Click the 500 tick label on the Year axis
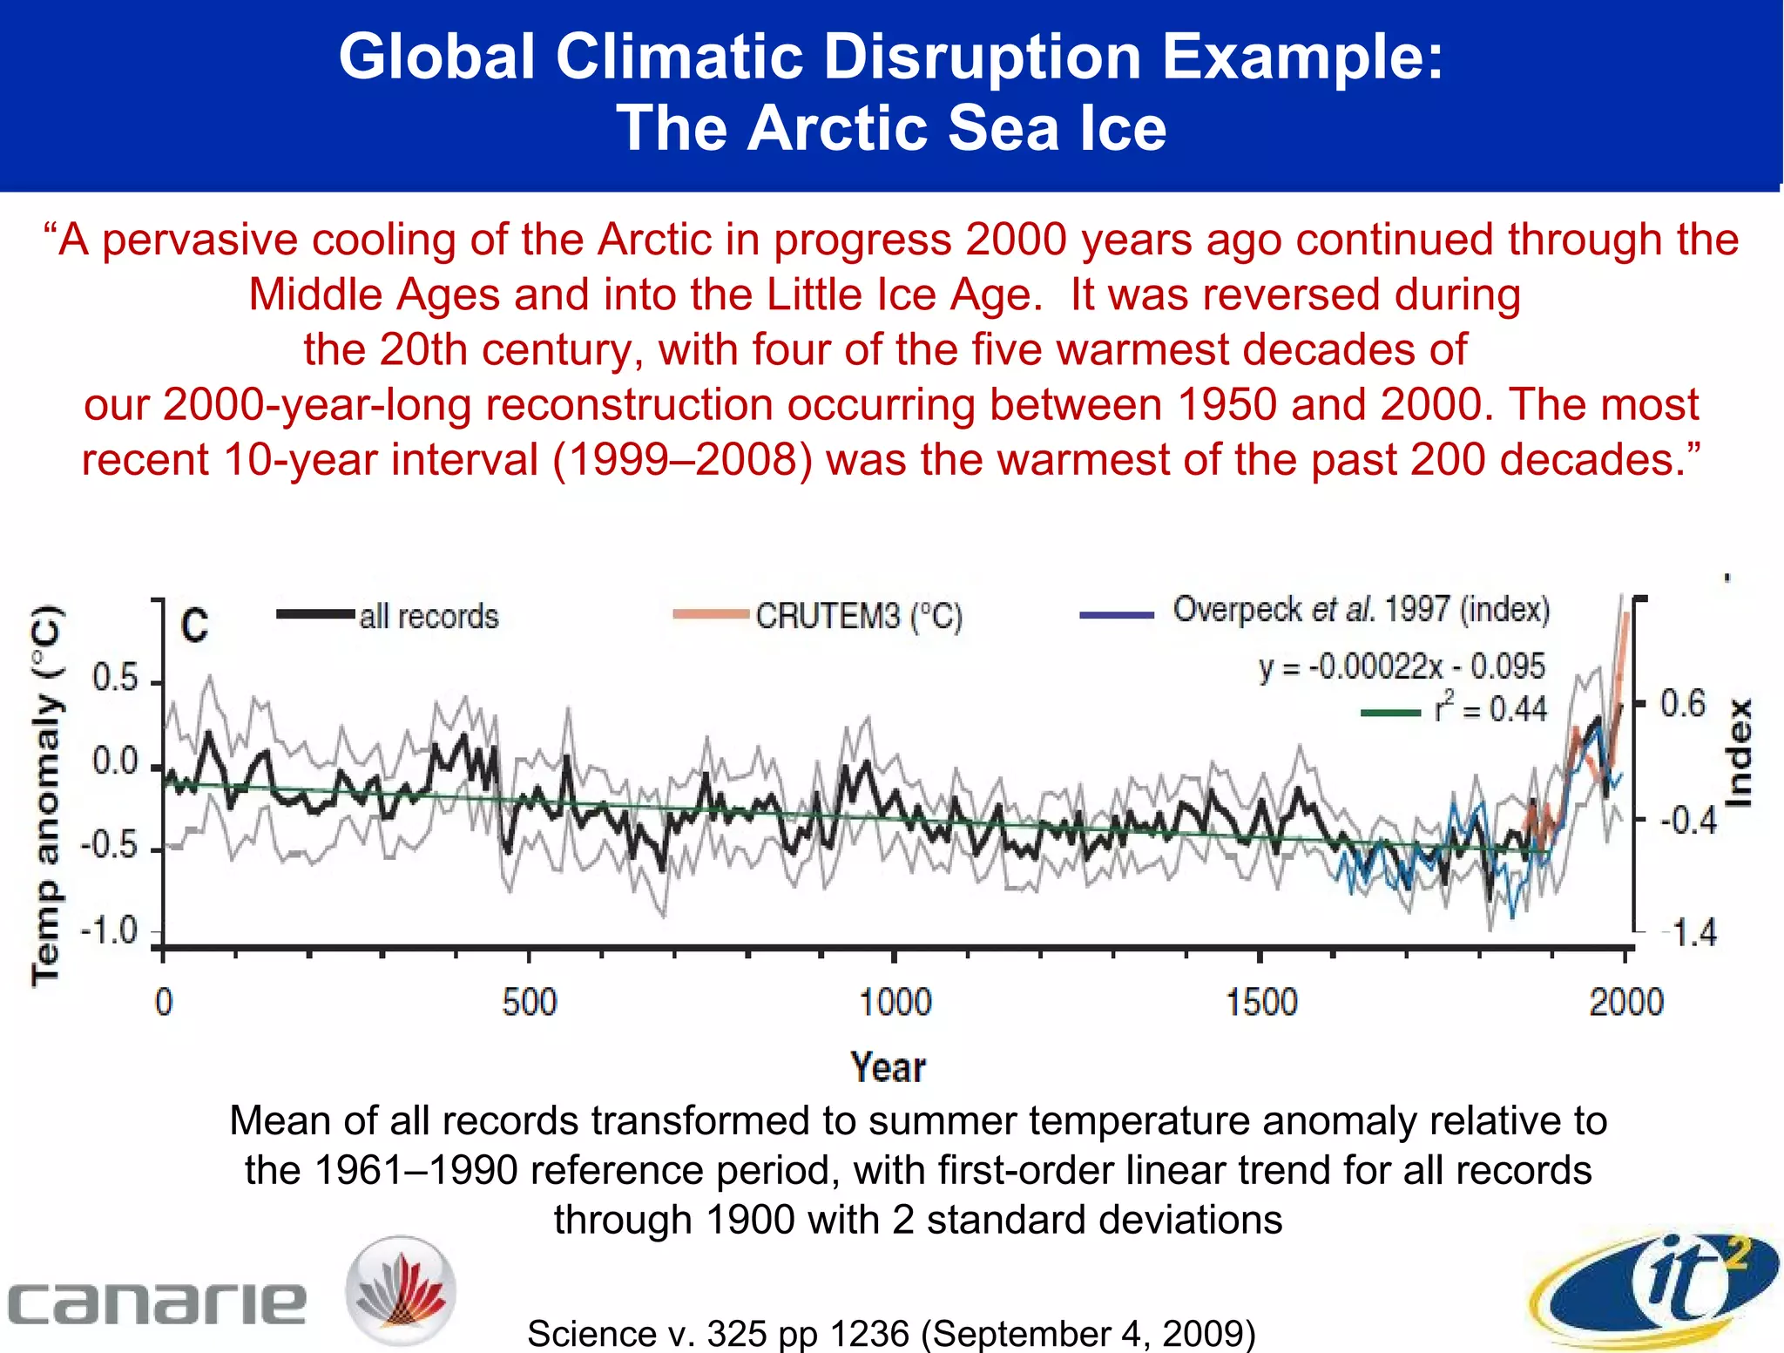(x=529, y=1002)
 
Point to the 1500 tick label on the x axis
(x=1261, y=1002)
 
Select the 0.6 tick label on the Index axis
(x=1682, y=704)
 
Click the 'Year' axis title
(x=888, y=1067)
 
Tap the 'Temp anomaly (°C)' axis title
(x=47, y=794)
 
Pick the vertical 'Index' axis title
(x=1739, y=754)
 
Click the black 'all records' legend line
(x=315, y=614)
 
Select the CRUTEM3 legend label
(x=859, y=616)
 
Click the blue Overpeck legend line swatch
(x=1117, y=615)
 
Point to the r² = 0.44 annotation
(x=1490, y=708)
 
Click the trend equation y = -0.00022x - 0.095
(x=1402, y=666)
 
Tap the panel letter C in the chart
(x=194, y=626)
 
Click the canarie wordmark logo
(x=157, y=1302)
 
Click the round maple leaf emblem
(x=401, y=1290)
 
